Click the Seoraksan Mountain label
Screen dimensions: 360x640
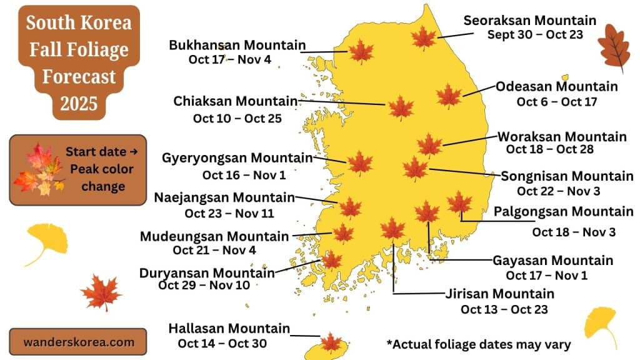point(529,21)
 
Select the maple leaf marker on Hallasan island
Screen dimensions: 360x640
point(331,343)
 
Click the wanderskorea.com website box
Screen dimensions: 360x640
point(78,342)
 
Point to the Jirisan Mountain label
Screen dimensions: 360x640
point(499,294)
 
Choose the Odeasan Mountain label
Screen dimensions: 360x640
point(556,86)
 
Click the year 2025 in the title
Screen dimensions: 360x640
point(79,102)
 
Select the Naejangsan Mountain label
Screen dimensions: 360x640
point(224,198)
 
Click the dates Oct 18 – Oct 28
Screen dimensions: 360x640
point(549,149)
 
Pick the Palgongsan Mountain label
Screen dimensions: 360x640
point(563,212)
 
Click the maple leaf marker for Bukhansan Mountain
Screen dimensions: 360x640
point(361,51)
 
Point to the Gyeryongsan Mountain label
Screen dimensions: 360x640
point(237,158)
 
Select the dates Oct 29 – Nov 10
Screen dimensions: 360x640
point(204,286)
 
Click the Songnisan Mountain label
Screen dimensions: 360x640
point(567,176)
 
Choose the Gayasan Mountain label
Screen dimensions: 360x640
point(552,261)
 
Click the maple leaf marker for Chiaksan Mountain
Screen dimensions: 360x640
point(401,107)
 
